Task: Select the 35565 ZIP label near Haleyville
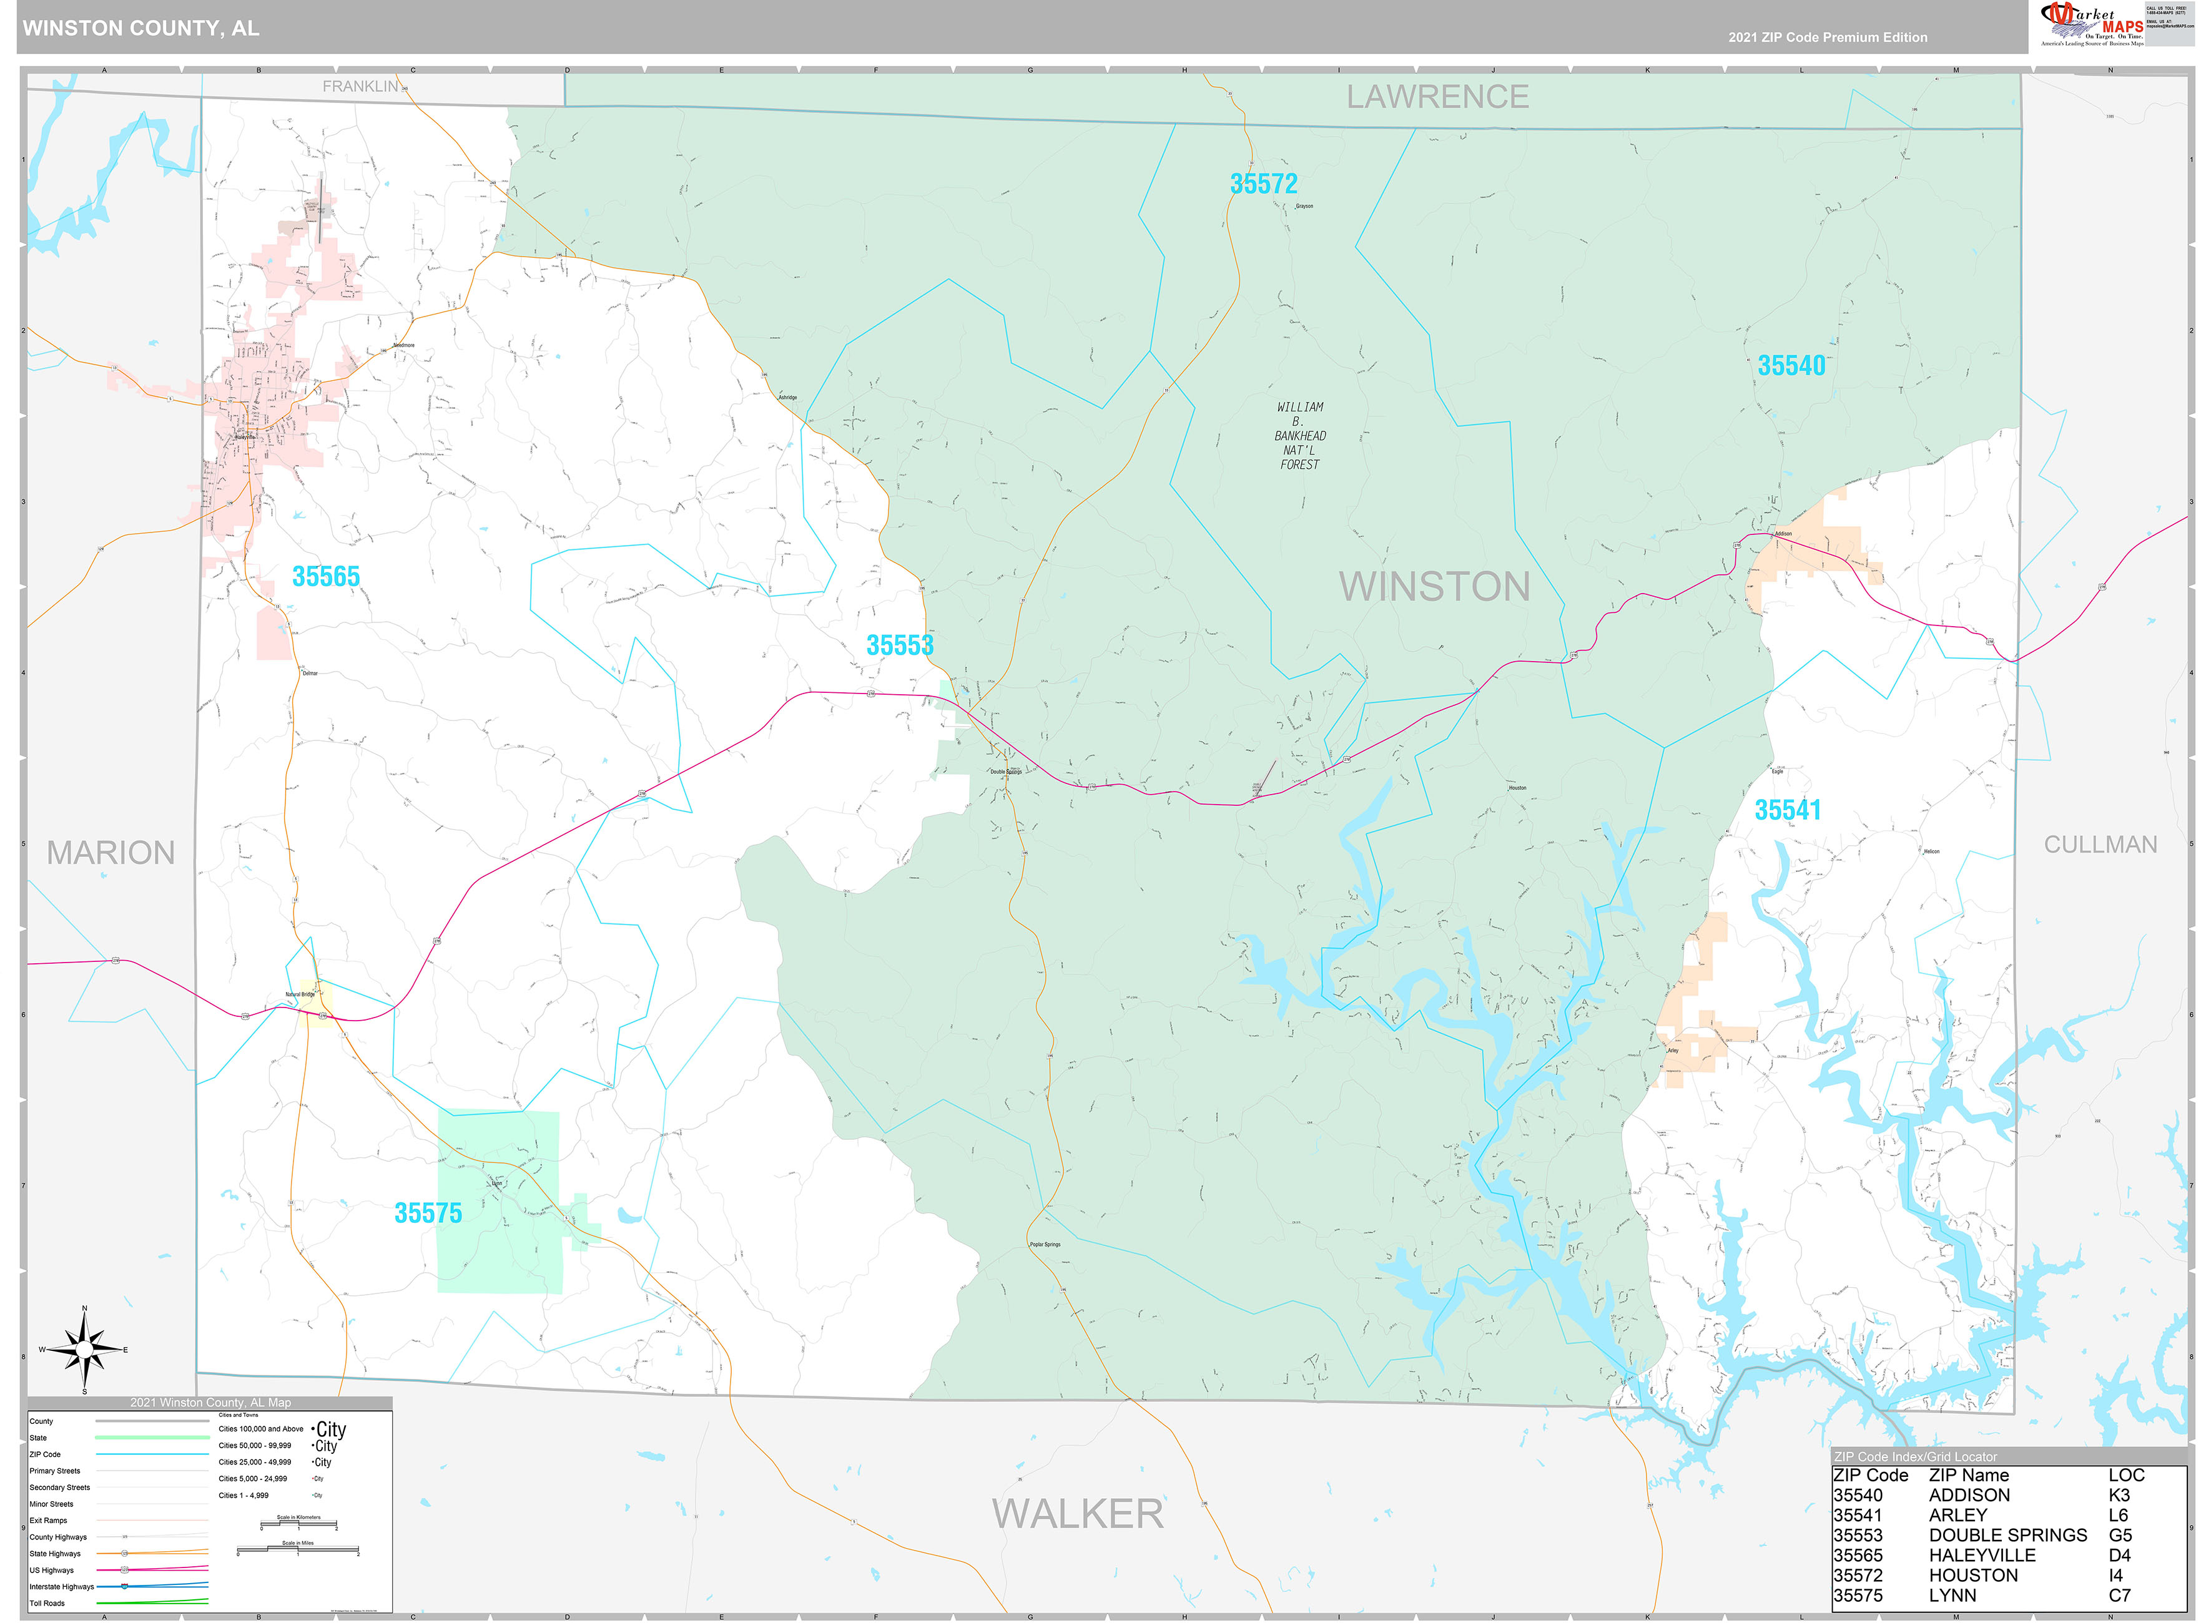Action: pyautogui.click(x=325, y=577)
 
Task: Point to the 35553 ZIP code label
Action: pyautogui.click(x=899, y=645)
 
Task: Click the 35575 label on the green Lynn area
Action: pyautogui.click(x=428, y=1214)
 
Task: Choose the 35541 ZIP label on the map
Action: pyautogui.click(x=1788, y=810)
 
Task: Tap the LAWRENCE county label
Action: pyautogui.click(x=1437, y=97)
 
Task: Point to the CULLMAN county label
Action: pyautogui.click(x=2100, y=845)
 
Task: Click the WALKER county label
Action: pyautogui.click(x=1077, y=1514)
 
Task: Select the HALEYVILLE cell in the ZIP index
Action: pyautogui.click(x=1981, y=1555)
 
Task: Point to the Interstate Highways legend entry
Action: pyautogui.click(x=62, y=1587)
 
